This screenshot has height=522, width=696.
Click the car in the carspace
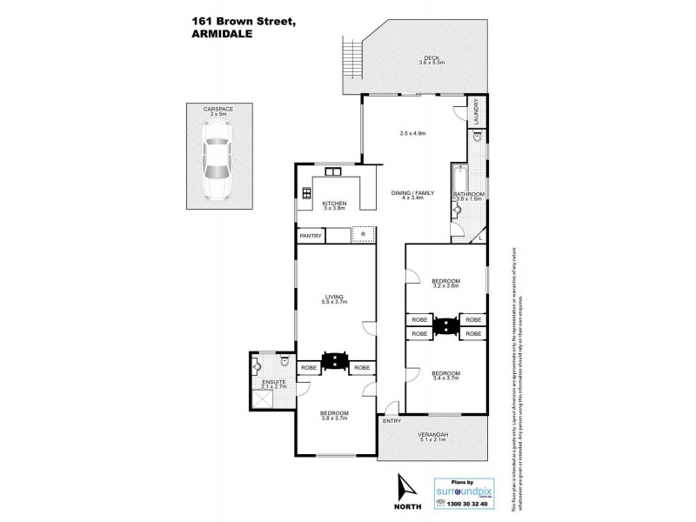tap(214, 159)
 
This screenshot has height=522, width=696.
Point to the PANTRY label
tap(311, 236)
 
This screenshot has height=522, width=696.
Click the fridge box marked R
tap(362, 235)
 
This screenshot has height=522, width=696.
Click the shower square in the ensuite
tap(261, 398)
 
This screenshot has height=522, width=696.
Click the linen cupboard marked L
tap(479, 237)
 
